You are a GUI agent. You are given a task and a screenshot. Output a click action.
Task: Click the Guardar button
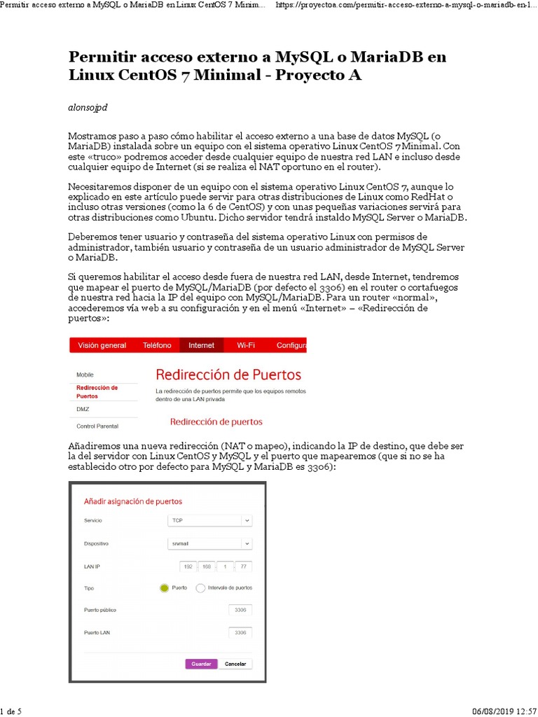(x=201, y=664)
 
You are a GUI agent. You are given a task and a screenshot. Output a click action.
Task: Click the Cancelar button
(x=235, y=664)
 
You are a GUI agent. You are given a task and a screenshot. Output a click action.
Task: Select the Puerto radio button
(x=165, y=588)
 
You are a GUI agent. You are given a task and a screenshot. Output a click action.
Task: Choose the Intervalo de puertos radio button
(x=200, y=588)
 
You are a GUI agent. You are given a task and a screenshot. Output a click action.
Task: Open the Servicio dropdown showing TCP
(x=209, y=521)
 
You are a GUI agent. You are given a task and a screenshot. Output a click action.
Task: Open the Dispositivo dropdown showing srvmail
(x=209, y=543)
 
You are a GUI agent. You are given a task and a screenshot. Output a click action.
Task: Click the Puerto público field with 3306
(x=240, y=611)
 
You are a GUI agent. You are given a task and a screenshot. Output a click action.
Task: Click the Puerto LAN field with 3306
(x=240, y=633)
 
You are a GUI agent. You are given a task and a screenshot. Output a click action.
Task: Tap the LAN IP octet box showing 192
(x=187, y=566)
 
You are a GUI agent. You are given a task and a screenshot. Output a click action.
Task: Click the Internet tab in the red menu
(x=202, y=345)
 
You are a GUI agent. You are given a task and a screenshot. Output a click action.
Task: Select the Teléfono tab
(x=157, y=345)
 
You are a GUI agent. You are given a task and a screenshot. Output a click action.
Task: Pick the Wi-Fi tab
(x=246, y=345)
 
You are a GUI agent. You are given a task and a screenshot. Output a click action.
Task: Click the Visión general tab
(x=102, y=345)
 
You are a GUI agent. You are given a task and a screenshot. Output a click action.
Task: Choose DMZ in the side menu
(x=83, y=409)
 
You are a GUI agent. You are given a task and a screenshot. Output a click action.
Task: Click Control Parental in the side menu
(x=97, y=426)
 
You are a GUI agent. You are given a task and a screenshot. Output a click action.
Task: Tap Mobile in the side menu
(x=85, y=375)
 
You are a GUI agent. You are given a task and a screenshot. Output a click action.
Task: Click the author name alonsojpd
(x=88, y=107)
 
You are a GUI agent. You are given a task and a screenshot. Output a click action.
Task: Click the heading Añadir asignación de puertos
(x=133, y=501)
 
